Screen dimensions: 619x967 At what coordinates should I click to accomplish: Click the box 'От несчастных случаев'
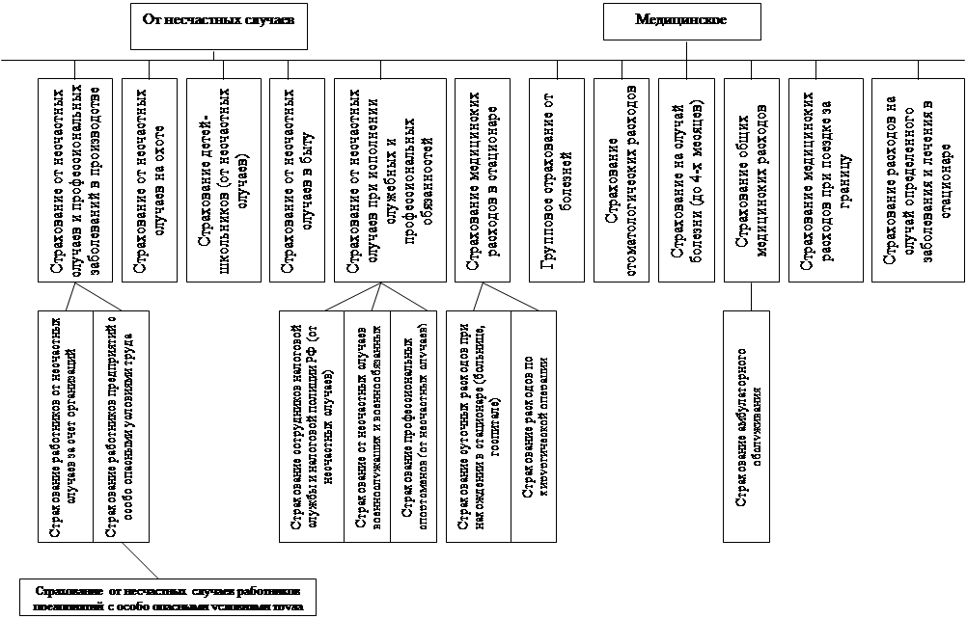click(219, 25)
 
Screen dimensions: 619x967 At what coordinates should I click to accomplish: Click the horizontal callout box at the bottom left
click(168, 597)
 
